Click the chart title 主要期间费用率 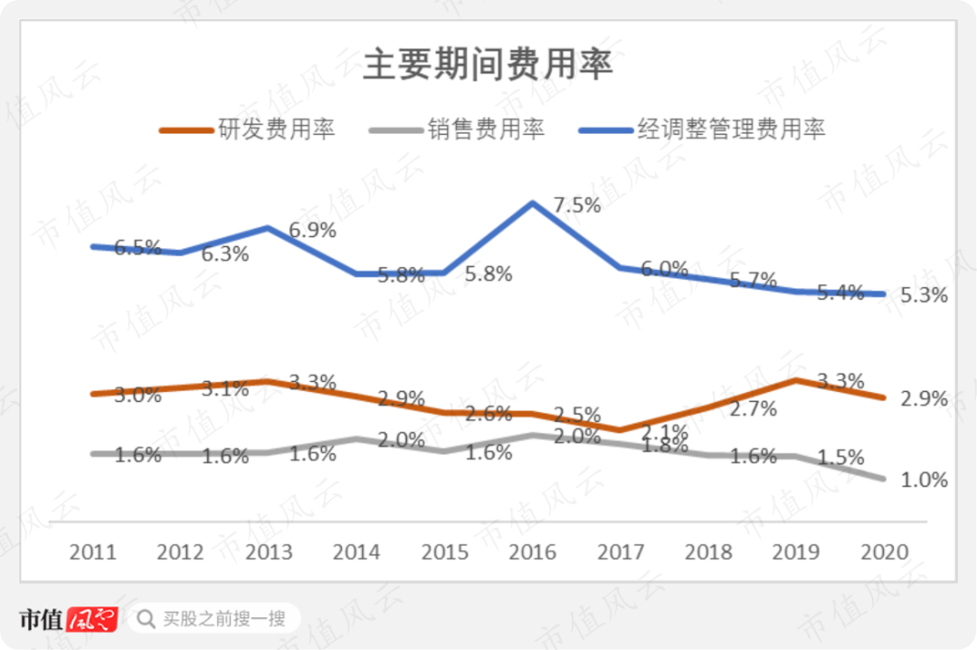click(488, 66)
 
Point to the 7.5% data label click(576, 205)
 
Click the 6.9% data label click(312, 230)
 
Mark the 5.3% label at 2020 click(924, 295)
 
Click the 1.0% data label click(924, 480)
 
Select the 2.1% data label click(665, 431)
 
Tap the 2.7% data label click(754, 408)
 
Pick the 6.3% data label click(224, 254)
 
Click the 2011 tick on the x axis click(92, 552)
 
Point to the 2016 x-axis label click(534, 552)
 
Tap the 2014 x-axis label click(357, 552)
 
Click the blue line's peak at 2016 click(534, 203)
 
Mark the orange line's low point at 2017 click(621, 429)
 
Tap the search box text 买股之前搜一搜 click(224, 619)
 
